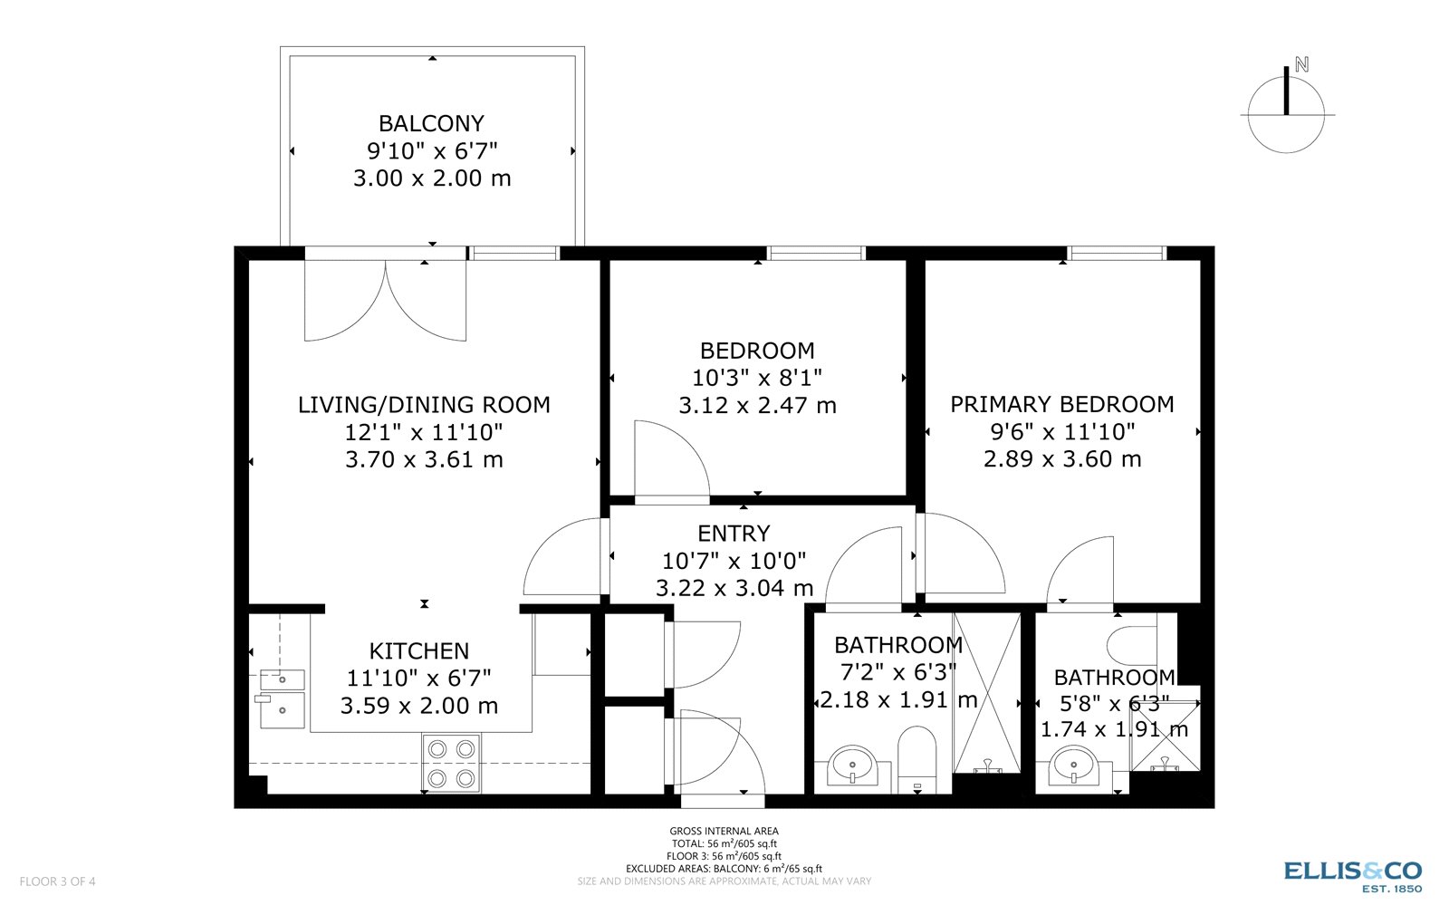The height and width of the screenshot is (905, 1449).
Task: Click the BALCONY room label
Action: coord(431,123)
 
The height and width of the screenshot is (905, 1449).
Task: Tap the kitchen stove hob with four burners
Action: coord(451,763)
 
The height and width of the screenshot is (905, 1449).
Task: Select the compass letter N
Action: coord(1301,64)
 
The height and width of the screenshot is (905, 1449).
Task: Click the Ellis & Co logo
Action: coord(1353,874)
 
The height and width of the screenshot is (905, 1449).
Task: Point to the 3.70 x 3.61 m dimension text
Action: coord(424,459)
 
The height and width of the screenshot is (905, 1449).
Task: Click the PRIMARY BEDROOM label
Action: coord(1061,404)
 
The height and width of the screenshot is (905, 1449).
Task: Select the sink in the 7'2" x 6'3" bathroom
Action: coord(852,766)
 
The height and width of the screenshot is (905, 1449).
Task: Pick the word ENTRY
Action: coord(734,534)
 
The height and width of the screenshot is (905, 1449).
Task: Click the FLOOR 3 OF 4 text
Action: coord(57,881)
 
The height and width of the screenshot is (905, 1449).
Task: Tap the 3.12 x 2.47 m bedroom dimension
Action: coord(757,406)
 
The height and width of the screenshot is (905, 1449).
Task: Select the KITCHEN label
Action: coord(419,650)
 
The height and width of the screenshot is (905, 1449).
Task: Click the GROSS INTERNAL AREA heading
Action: coord(724,831)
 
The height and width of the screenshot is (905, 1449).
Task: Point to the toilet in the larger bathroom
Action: coord(916,757)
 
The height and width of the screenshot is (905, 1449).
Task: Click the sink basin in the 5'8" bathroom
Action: coord(1074,766)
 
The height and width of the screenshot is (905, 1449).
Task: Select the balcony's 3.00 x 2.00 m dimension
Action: coord(432,178)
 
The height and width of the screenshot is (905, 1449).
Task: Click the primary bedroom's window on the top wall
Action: coord(1116,254)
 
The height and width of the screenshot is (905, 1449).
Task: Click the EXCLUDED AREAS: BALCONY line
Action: coord(724,869)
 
